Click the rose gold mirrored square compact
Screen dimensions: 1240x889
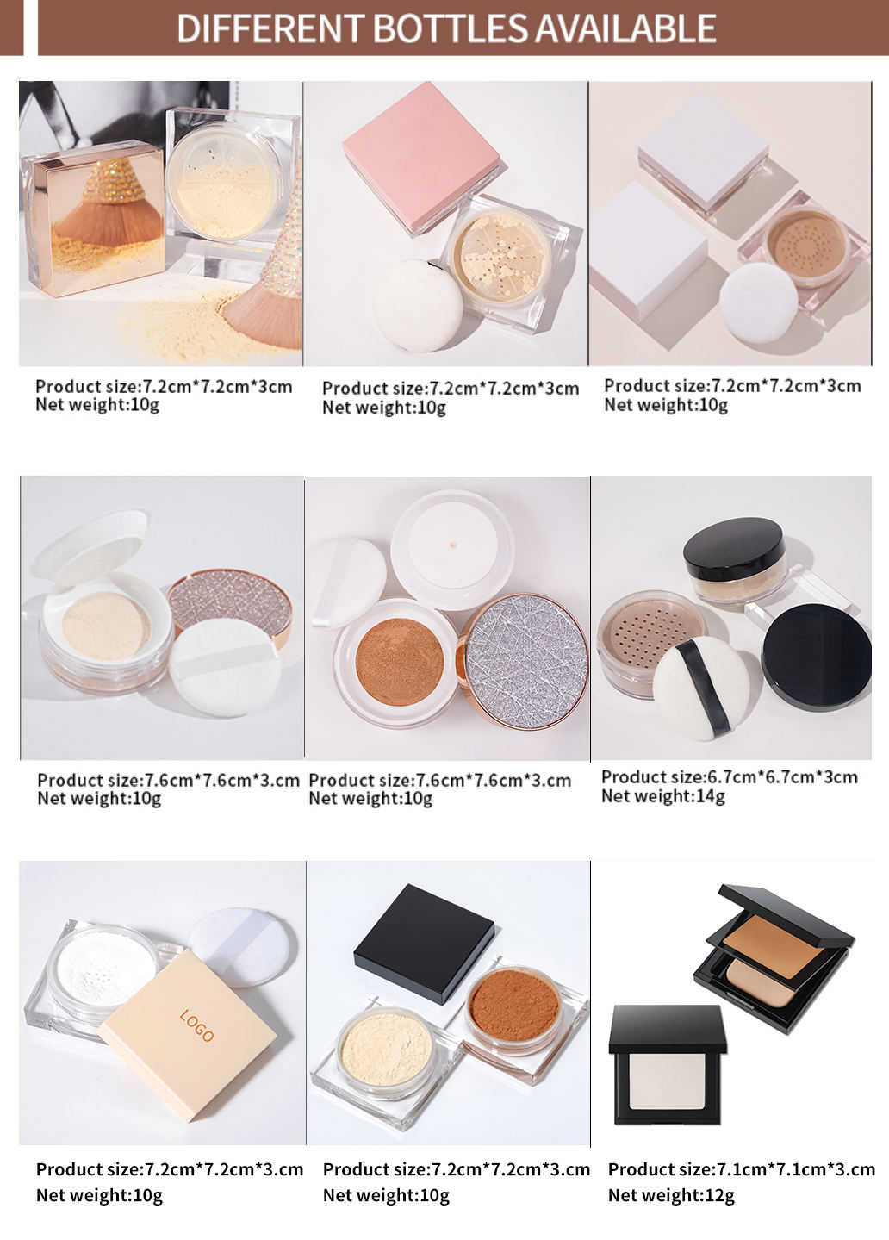coord(93,219)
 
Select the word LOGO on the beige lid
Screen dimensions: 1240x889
coord(196,1025)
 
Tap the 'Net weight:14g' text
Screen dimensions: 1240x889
coord(662,796)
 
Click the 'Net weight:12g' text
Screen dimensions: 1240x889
coord(671,1195)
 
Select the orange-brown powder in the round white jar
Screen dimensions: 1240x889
coord(399,660)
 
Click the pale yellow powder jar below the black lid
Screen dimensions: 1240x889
coord(385,1050)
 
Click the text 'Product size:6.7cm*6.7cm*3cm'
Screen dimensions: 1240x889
coord(729,776)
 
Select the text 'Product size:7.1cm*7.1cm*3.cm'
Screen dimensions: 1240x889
coord(741,1169)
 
